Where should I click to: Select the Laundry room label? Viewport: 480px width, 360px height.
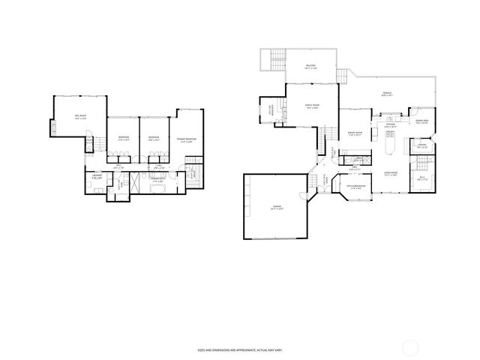[x=97, y=176]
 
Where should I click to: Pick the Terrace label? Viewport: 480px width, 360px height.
[x=387, y=94]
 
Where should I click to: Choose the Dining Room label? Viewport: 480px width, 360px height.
[x=355, y=133]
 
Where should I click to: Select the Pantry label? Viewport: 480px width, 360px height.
[x=422, y=145]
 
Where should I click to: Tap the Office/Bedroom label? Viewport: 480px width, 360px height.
[x=356, y=186]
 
